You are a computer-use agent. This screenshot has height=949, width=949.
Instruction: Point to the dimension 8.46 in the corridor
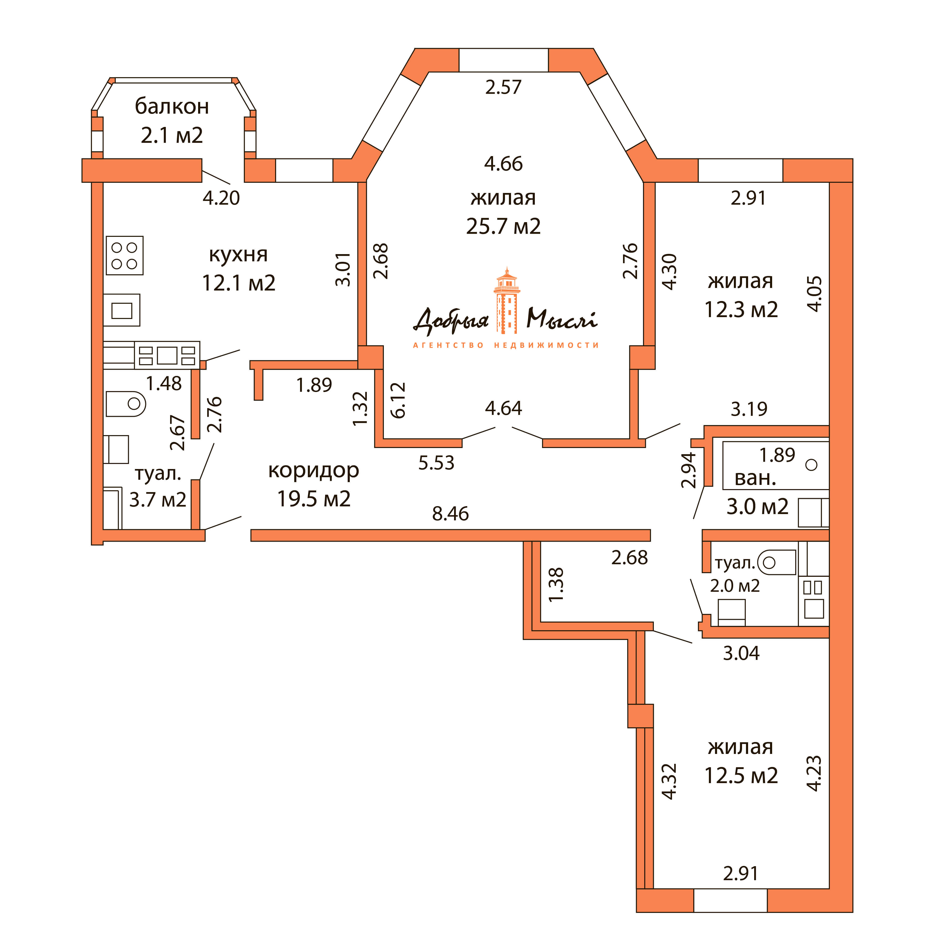450,514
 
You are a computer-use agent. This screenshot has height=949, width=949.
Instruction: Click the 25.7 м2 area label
504,226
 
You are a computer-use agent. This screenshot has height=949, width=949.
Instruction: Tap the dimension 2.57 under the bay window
503,88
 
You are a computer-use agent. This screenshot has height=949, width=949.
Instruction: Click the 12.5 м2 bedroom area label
741,776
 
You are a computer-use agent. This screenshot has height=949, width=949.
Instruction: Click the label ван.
755,478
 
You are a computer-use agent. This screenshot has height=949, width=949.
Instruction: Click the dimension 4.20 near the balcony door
221,198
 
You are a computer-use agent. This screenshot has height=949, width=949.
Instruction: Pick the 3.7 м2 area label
158,500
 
